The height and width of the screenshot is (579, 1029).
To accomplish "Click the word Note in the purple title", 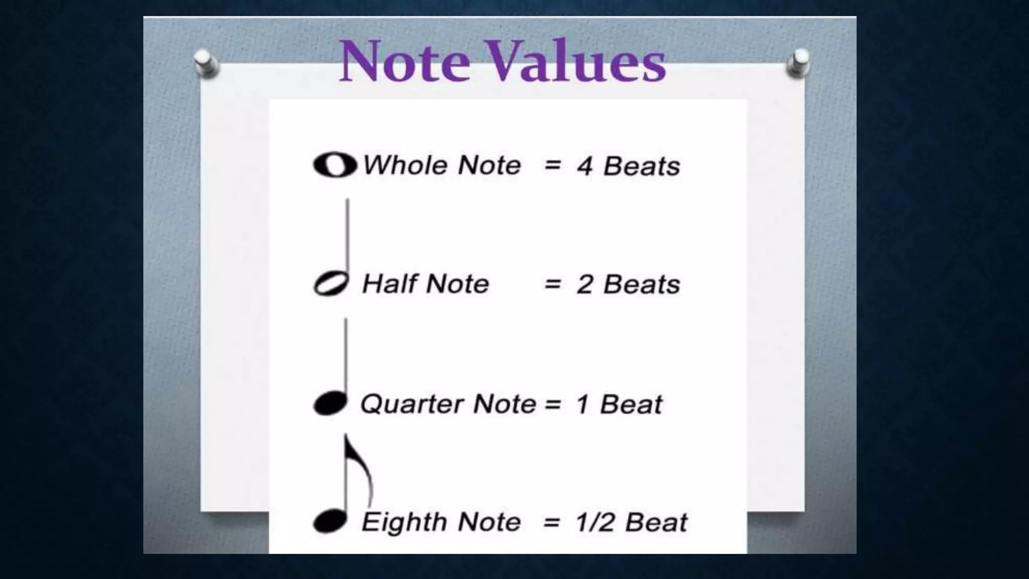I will [x=405, y=61].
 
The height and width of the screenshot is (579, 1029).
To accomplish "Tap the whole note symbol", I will [x=335, y=165].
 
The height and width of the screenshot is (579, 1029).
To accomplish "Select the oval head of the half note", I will [x=331, y=284].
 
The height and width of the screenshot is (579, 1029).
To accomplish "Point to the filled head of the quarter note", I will [x=330, y=404].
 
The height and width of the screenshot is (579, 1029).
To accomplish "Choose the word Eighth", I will [x=405, y=522].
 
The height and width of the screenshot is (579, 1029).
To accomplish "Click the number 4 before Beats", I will [x=584, y=166].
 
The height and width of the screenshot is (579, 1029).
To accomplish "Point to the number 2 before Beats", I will [x=585, y=284].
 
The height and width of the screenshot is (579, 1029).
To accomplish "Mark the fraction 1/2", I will [x=595, y=522].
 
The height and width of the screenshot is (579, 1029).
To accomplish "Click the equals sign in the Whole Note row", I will [x=553, y=165].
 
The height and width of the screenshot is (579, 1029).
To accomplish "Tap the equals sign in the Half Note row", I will [x=553, y=284].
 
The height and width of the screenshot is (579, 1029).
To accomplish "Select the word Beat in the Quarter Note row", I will [x=631, y=404].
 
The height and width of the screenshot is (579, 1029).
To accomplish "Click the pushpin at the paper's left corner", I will [x=206, y=63].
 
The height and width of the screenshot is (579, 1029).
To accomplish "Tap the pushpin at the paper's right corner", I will [x=798, y=63].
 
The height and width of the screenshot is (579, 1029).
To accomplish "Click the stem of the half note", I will [x=347, y=236].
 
